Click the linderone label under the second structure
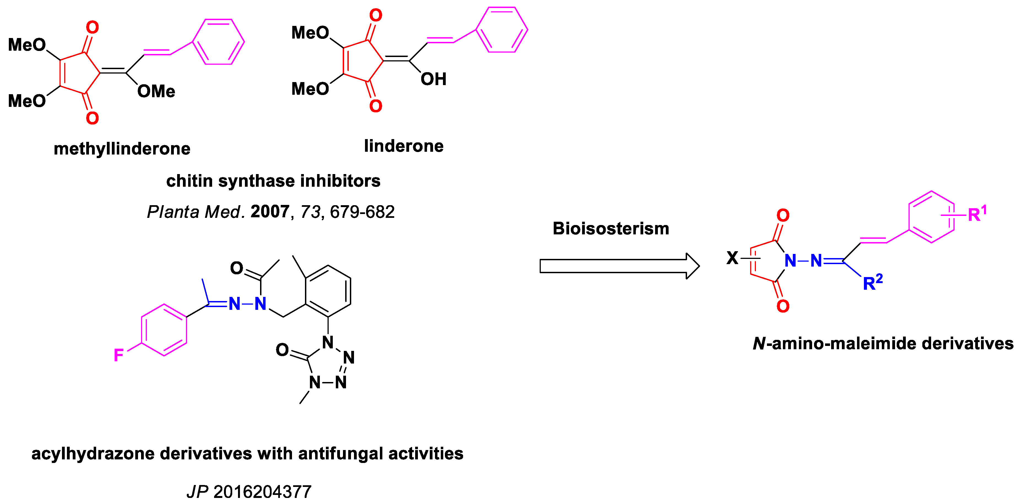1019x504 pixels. (404, 146)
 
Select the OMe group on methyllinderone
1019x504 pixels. (156, 91)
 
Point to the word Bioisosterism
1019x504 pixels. (610, 229)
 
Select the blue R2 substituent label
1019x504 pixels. (872, 283)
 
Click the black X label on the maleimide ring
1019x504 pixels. (732, 258)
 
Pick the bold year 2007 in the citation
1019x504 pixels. (270, 212)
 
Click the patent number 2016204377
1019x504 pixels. (262, 492)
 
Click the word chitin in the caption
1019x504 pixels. (189, 181)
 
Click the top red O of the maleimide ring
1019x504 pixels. (782, 216)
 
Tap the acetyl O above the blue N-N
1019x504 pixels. (237, 268)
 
